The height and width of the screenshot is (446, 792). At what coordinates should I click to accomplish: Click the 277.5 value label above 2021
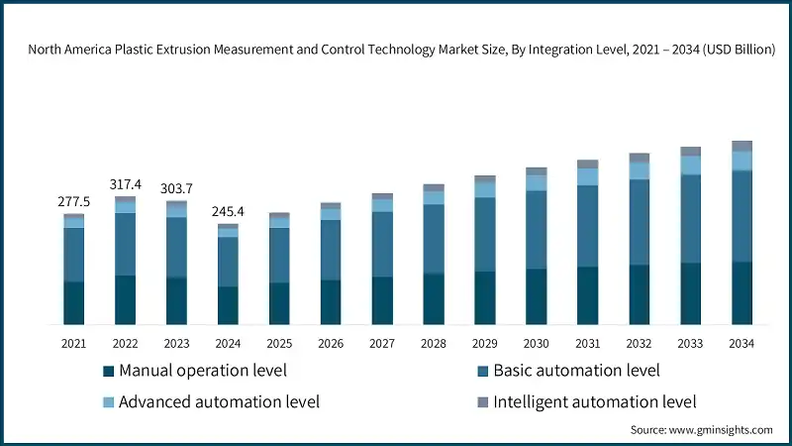tap(73, 201)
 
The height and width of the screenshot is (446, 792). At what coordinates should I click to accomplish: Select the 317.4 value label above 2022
tap(125, 184)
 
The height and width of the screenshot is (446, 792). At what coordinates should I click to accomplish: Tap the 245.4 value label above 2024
tap(228, 211)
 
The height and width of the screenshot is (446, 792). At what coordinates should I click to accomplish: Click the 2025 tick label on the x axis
tap(279, 343)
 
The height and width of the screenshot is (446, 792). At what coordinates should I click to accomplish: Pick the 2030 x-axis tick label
tap(536, 343)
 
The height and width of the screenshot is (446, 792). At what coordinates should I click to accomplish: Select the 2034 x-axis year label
tap(742, 343)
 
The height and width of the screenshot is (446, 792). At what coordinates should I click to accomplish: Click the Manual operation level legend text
tap(202, 371)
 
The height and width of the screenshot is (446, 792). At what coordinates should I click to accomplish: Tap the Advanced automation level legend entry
tap(219, 401)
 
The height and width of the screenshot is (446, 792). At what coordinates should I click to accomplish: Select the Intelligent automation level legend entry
tap(594, 401)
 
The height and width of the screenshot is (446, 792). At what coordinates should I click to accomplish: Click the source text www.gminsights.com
tap(701, 429)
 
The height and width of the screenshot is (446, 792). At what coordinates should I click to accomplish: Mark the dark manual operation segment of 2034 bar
tap(742, 292)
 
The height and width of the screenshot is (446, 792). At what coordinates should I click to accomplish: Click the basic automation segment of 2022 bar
tap(125, 244)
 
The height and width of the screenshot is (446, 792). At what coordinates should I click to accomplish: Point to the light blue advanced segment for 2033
tap(690, 165)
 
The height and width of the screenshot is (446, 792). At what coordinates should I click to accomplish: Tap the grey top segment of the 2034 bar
tap(742, 146)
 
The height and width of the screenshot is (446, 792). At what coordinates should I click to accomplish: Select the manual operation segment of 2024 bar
tap(228, 305)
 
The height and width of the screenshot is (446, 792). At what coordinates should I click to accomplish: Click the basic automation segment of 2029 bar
tap(484, 234)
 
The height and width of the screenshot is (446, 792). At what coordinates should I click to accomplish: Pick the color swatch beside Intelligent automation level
tap(482, 401)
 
